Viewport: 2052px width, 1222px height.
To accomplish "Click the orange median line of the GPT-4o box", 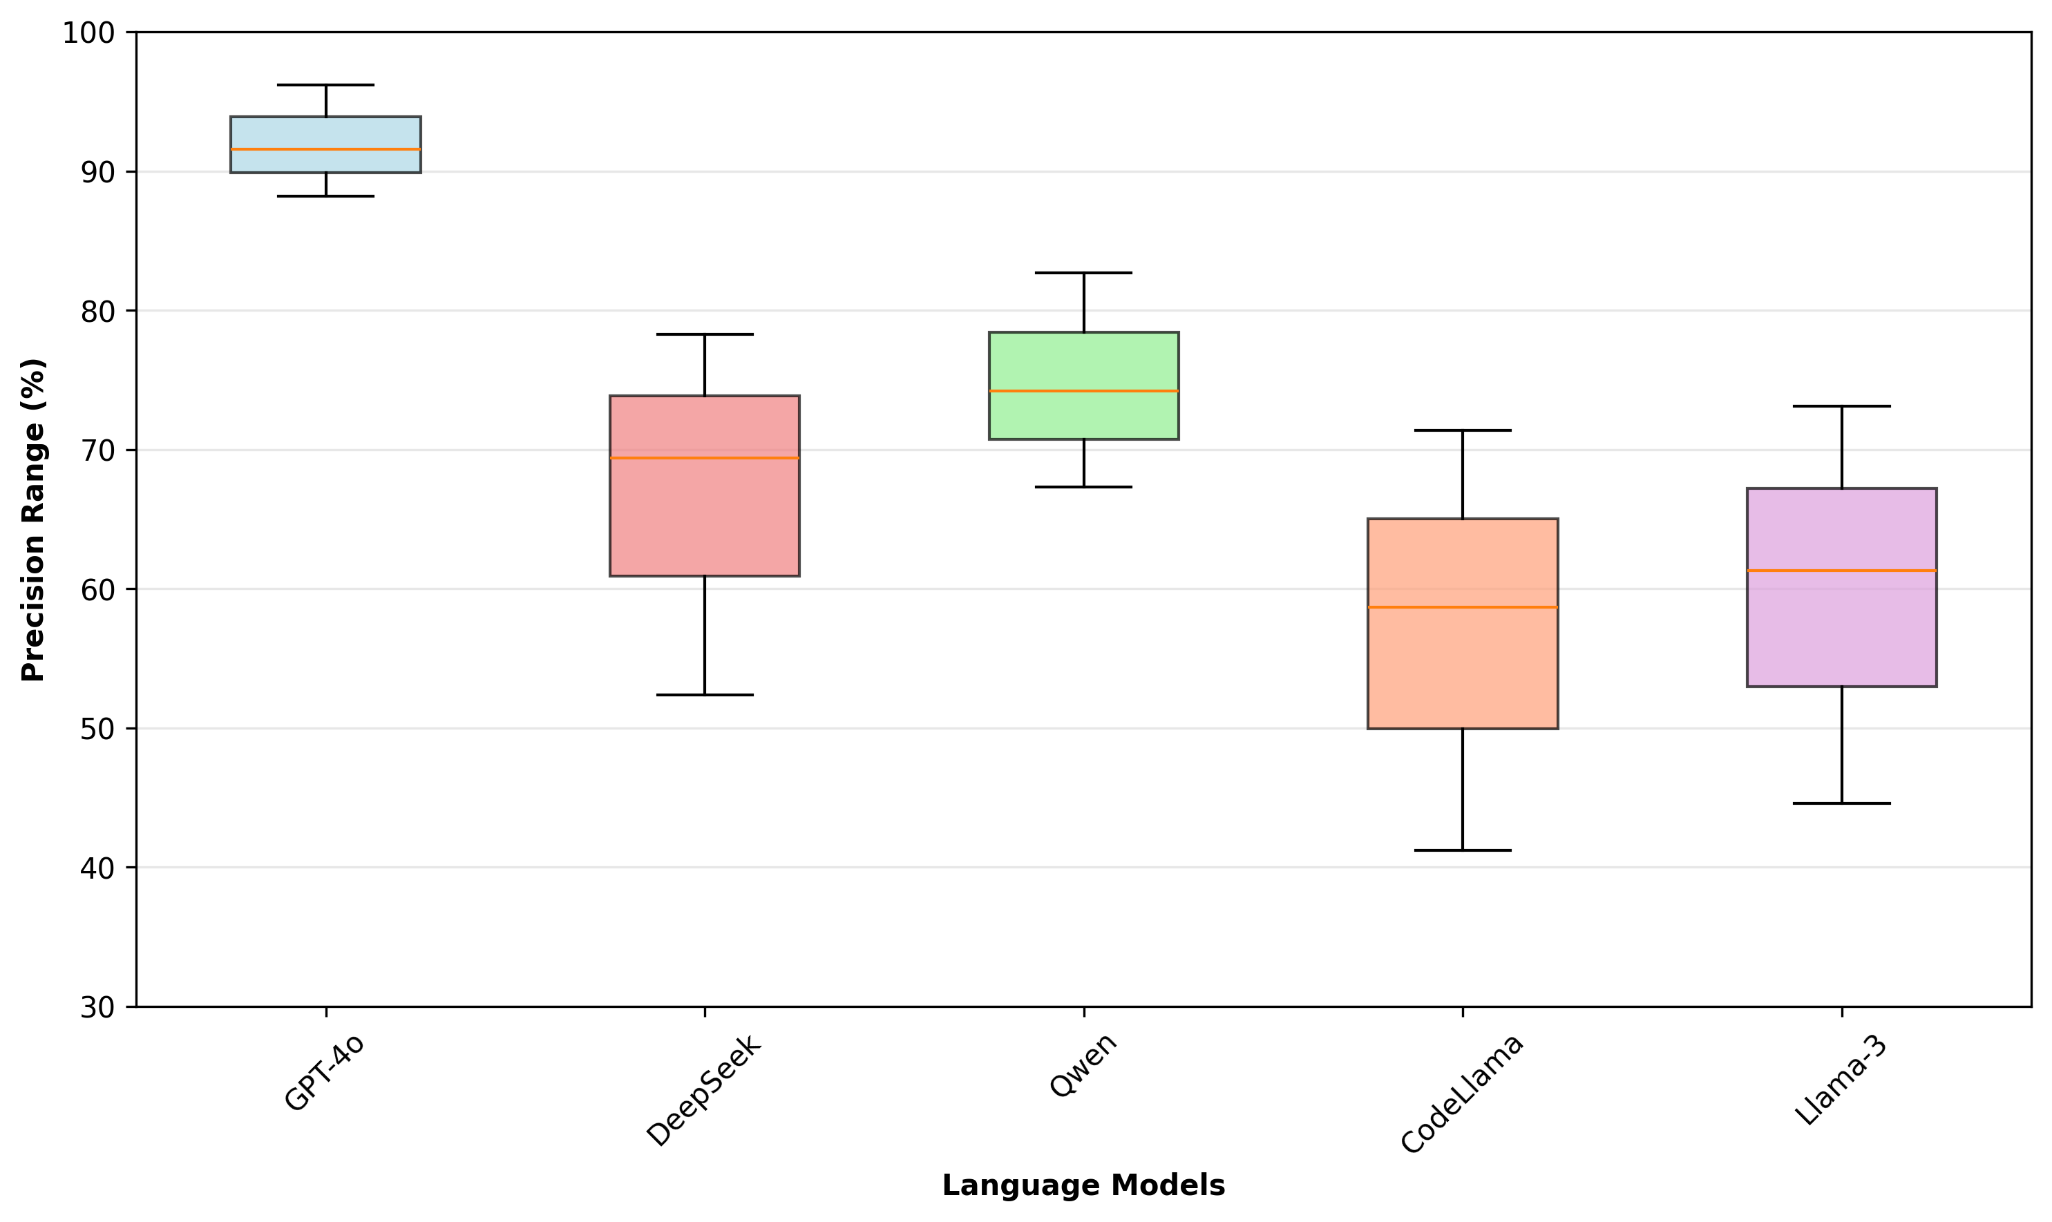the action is coord(325,149).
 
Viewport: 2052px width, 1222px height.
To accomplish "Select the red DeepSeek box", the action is coord(704,485).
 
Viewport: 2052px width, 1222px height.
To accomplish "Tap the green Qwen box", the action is coord(1083,385).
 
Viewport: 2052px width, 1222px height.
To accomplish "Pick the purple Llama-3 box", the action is coord(1841,587).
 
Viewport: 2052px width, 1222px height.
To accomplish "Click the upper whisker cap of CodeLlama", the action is coord(1463,430).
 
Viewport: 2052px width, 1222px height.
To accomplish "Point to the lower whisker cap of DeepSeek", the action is coord(704,695).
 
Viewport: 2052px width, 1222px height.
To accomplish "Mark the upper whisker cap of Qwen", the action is coord(1083,273).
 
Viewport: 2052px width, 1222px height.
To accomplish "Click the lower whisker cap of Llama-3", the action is coord(1841,803).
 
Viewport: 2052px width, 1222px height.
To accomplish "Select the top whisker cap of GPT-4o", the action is coord(325,85).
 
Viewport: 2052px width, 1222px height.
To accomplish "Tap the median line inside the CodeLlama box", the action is coord(1463,607).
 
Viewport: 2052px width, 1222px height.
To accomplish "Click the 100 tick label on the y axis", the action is coord(88,34).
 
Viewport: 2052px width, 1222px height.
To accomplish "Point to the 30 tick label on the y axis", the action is coord(97,1007).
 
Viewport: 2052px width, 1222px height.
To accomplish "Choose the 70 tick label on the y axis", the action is coord(97,450).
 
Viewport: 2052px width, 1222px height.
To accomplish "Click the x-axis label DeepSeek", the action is coord(704,1090).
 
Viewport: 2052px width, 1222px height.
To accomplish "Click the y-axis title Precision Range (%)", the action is coord(34,519).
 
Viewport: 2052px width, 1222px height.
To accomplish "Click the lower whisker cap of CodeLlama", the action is coord(1463,850).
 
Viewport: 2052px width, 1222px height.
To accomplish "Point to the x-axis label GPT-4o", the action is coord(323,1073).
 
